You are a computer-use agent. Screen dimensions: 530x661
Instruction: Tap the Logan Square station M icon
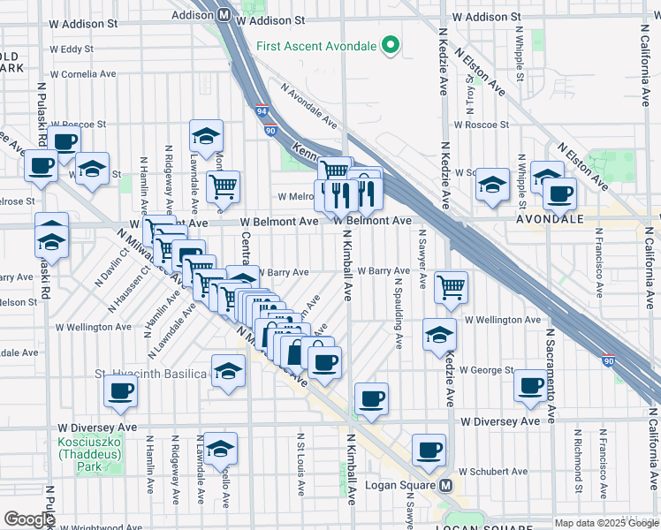pos(446,486)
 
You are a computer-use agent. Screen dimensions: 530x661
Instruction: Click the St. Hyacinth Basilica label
pos(151,375)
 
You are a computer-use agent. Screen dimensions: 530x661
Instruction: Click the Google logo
pos(29,519)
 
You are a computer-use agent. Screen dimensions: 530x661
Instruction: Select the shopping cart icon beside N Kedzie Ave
pos(452,286)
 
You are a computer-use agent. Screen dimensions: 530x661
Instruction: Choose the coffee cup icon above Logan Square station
pos(429,450)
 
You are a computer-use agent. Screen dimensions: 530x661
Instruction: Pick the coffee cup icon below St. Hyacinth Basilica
pos(121,390)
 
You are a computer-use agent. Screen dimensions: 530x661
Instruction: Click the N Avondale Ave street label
pos(309,103)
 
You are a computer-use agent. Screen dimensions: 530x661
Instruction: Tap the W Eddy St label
pos(72,49)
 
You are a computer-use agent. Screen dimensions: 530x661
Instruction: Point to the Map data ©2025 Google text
pos(594,523)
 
